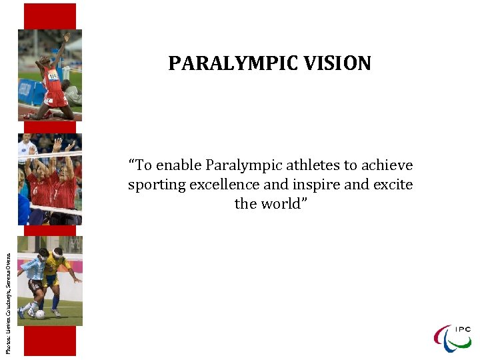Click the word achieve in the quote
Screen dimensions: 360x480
pos(388,165)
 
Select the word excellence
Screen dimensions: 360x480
pos(223,185)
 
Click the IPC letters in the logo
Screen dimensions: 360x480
pos(463,329)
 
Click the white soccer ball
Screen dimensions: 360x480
pos(40,314)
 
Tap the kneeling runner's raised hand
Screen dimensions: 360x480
pos(66,37)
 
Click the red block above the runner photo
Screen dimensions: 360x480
pos(50,16)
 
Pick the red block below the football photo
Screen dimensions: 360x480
pos(50,341)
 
